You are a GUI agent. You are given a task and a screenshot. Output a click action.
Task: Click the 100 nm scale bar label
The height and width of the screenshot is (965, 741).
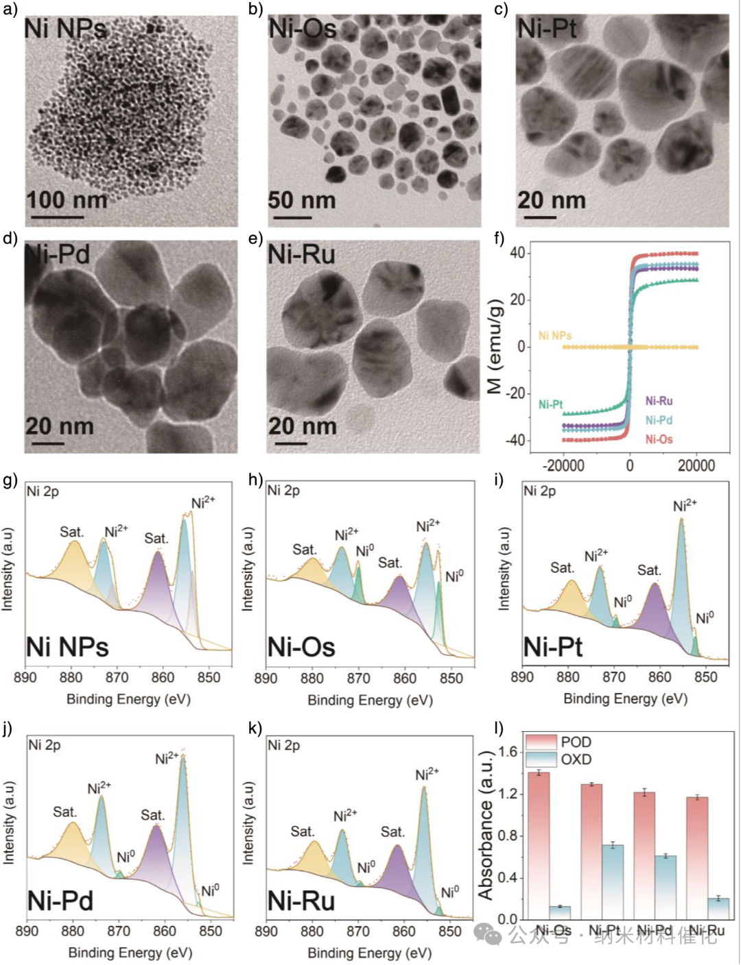tap(67, 200)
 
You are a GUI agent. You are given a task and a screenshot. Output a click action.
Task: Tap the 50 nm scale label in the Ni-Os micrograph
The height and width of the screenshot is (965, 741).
tap(302, 200)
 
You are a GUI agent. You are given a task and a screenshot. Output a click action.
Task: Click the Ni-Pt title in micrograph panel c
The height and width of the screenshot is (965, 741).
tap(547, 29)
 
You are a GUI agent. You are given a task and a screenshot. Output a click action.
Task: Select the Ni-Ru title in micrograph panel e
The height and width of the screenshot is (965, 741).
tap(301, 255)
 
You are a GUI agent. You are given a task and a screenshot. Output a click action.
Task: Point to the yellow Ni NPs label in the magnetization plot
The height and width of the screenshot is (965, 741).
tap(555, 336)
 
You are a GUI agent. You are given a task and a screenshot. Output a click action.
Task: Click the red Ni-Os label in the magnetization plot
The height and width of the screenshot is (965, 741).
tap(659, 439)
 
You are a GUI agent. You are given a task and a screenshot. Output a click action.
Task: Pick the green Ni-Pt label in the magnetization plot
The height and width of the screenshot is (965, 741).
tap(551, 404)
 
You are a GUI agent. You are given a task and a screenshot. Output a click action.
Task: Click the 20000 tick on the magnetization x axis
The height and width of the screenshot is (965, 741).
tap(696, 466)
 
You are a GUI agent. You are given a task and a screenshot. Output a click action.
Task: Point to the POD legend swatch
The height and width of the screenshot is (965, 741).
tap(541, 742)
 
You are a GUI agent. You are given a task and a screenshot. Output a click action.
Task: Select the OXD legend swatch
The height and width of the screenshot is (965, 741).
tap(541, 759)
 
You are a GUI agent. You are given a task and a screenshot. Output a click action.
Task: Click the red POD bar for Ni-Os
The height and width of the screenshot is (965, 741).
tap(539, 846)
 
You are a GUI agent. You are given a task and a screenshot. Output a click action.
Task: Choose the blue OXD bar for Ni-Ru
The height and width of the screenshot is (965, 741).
tap(718, 909)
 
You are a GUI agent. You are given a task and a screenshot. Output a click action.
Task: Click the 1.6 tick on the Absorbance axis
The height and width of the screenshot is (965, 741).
tap(508, 752)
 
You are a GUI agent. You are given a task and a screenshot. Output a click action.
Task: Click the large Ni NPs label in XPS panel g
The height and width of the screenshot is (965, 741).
tap(67, 647)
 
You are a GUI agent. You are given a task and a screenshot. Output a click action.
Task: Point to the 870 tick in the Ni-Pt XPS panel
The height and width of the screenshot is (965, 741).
tap(614, 677)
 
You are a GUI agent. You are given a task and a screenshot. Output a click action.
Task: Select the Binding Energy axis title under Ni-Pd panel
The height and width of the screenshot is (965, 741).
tap(130, 953)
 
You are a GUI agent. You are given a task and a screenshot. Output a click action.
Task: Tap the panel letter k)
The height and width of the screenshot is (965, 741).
tap(255, 728)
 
